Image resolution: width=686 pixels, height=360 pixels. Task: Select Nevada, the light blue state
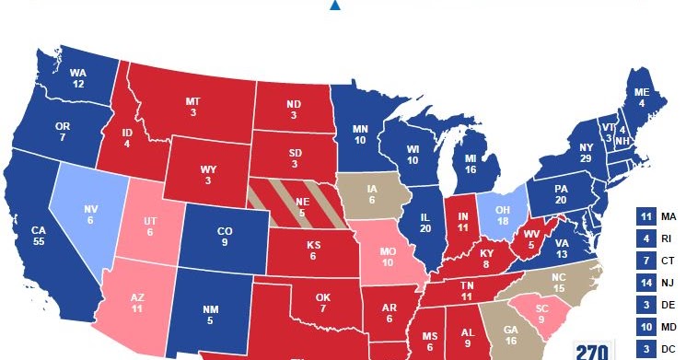coord(90,215)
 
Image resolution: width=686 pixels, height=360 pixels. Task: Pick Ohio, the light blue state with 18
coord(504,211)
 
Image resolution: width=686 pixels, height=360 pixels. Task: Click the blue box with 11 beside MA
coord(645,218)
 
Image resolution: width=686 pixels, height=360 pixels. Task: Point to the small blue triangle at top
coord(335,6)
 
